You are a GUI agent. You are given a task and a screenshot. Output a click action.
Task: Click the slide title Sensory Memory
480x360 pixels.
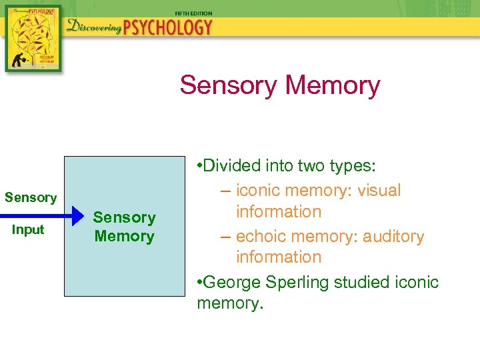279,85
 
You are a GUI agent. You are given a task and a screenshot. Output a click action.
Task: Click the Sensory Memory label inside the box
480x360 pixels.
124,227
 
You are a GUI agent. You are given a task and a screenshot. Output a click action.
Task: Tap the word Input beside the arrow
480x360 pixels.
29,230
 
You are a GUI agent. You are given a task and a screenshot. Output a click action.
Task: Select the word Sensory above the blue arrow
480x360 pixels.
31,198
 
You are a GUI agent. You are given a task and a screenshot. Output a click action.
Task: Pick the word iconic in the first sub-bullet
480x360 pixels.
260,191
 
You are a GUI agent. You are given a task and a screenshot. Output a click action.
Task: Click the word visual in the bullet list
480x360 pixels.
379,191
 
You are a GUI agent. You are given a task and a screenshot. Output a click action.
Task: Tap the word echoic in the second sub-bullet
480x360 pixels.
261,237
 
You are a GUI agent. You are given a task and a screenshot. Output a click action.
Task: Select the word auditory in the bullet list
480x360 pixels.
393,237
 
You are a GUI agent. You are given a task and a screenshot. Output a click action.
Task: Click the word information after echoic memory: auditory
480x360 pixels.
279,257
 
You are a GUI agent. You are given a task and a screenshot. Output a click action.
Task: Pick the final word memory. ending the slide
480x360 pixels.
231,304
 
